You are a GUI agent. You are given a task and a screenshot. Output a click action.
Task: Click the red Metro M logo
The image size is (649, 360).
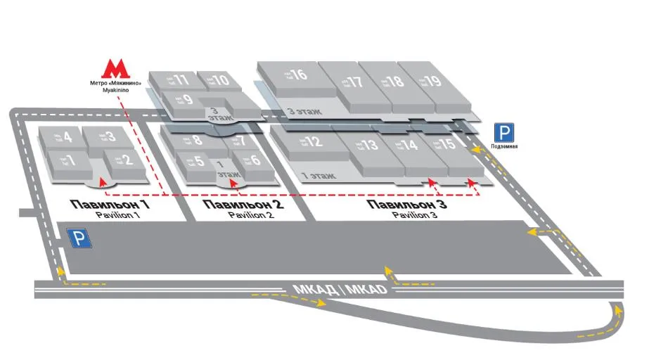(x=117, y=67)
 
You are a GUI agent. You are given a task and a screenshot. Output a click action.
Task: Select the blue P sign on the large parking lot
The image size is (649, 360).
(x=79, y=239)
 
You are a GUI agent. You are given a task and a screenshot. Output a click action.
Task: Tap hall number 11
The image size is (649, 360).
(x=180, y=79)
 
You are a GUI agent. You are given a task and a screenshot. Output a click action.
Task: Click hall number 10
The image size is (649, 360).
(x=220, y=80)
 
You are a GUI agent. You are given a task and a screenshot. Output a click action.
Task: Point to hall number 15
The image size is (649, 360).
(x=447, y=146)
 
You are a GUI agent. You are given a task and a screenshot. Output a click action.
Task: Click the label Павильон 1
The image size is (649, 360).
(x=110, y=205)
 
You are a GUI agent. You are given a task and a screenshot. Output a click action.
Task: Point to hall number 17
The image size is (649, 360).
(x=354, y=82)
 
